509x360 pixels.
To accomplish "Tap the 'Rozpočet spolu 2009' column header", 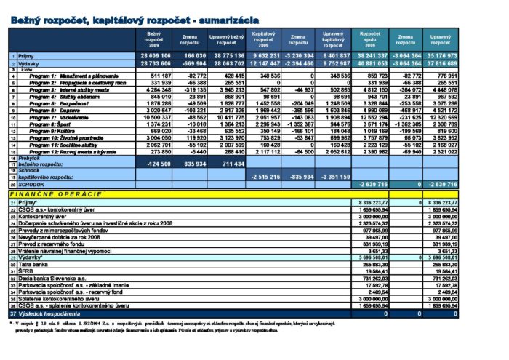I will coord(371,38).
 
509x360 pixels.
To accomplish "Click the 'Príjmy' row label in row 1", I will coord(28,55).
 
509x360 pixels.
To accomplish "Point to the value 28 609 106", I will coord(155,55).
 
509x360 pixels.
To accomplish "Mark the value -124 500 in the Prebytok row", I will coord(157,164).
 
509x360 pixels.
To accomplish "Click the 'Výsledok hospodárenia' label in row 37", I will coord(51,313).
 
